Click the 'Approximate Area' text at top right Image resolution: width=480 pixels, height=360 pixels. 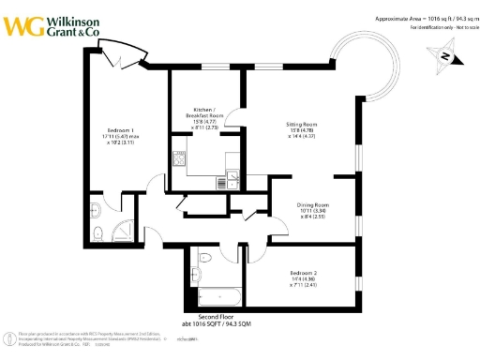tap(410, 18)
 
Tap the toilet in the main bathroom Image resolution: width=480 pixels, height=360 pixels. tap(204, 256)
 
